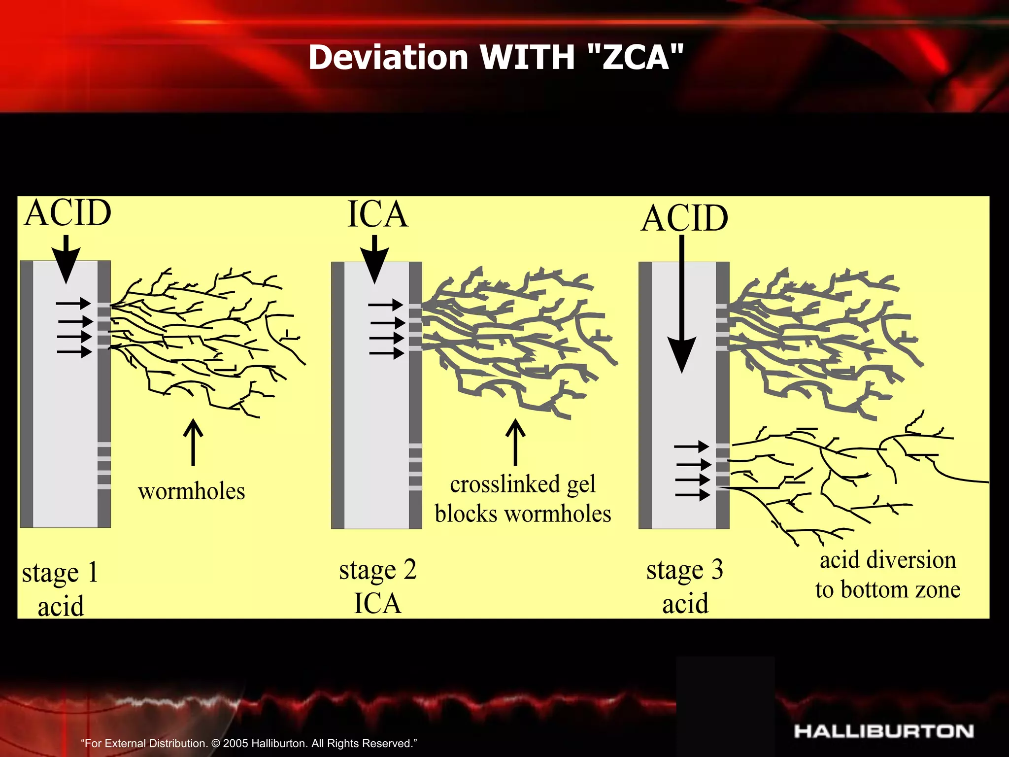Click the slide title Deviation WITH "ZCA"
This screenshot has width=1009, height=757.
[x=496, y=57]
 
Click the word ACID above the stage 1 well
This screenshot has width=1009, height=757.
[x=68, y=213]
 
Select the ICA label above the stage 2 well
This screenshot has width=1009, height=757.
[x=378, y=215]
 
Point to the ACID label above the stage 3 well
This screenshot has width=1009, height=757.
[x=684, y=218]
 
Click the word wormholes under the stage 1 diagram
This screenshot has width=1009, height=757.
[x=192, y=491]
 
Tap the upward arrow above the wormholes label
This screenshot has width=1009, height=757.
[x=193, y=442]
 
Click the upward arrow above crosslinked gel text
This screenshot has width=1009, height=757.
[x=515, y=442]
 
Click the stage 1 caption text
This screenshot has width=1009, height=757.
[x=61, y=589]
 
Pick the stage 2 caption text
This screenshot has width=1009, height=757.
[x=378, y=586]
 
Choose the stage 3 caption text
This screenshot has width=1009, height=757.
[x=685, y=586]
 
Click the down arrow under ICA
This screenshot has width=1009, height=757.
[x=374, y=259]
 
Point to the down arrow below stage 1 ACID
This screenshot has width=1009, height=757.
[x=66, y=259]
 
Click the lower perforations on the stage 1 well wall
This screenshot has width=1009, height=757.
[x=104, y=466]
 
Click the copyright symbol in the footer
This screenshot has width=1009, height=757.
[x=215, y=743]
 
